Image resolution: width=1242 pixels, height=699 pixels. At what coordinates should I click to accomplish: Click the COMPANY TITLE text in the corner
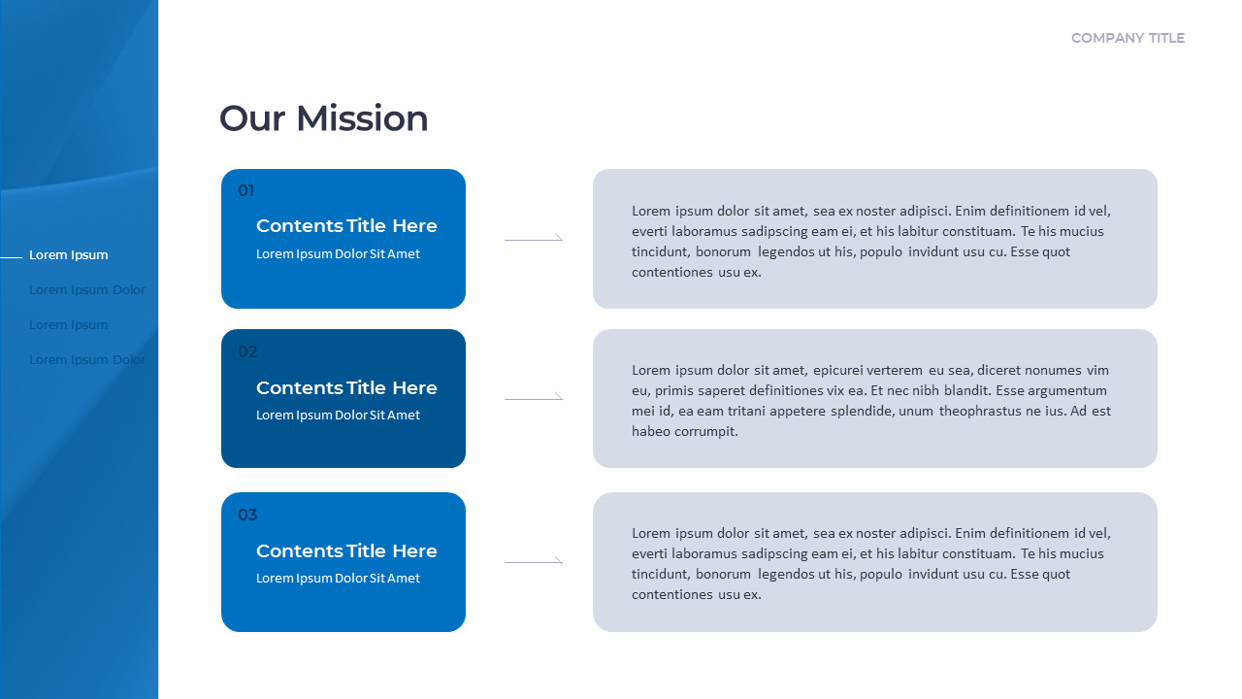(x=1128, y=38)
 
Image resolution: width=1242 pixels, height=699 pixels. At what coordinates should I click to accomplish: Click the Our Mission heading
(x=323, y=118)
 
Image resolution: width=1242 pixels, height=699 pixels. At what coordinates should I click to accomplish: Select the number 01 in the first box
(x=246, y=190)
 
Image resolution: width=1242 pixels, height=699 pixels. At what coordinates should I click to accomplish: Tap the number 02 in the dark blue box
(x=247, y=351)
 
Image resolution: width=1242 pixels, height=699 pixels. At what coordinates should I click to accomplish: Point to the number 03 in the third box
(x=247, y=515)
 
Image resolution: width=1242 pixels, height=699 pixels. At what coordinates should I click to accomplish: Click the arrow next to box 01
(x=534, y=238)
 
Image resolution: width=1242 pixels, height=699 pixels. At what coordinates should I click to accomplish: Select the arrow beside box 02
(x=534, y=397)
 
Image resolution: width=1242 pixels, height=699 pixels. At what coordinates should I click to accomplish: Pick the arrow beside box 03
(x=534, y=560)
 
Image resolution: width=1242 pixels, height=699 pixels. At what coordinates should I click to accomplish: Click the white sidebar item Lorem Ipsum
(x=69, y=255)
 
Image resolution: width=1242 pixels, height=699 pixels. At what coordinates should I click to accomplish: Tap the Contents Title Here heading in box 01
(x=346, y=226)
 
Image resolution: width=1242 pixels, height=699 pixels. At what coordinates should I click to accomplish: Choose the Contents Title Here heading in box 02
(x=346, y=388)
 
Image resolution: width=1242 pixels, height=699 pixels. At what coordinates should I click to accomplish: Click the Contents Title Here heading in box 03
(x=346, y=551)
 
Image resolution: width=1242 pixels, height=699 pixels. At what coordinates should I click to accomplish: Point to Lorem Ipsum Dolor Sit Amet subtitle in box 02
(x=338, y=416)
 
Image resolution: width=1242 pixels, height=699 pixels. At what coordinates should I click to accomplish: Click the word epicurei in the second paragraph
(x=841, y=370)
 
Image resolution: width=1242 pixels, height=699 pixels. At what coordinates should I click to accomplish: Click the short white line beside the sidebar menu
(x=11, y=257)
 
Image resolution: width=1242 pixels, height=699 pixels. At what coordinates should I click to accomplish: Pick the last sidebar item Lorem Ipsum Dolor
(x=87, y=360)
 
